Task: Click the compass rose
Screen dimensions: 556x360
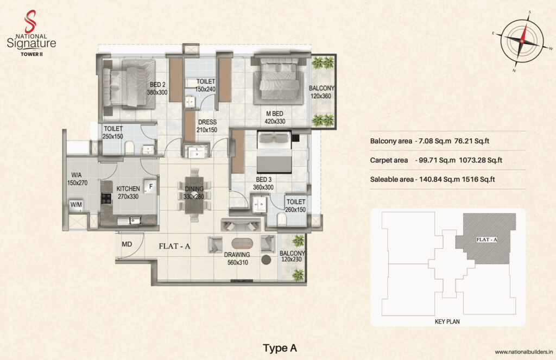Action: pyautogui.click(x=522, y=41)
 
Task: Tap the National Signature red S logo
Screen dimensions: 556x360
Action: pyautogui.click(x=30, y=21)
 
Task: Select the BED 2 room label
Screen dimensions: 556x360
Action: pyautogui.click(x=157, y=85)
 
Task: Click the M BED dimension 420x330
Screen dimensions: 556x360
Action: pyautogui.click(x=275, y=121)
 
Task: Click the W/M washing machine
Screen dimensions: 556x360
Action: pyautogui.click(x=76, y=205)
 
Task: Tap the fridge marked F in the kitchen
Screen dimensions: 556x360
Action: pyautogui.click(x=150, y=187)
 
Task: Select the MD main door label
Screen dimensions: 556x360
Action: pyautogui.click(x=127, y=244)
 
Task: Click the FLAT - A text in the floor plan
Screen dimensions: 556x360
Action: pyautogui.click(x=174, y=246)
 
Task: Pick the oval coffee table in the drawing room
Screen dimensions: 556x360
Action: pyautogui.click(x=242, y=244)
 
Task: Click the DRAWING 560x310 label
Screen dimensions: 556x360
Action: pyautogui.click(x=237, y=258)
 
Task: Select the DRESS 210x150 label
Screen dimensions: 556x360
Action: pyautogui.click(x=207, y=126)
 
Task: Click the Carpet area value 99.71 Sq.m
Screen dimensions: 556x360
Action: pyautogui.click(x=437, y=160)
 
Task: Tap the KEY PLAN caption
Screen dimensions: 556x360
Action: pyautogui.click(x=447, y=321)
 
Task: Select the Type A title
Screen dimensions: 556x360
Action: pyautogui.click(x=280, y=348)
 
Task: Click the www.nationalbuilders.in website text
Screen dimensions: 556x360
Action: pyautogui.click(x=524, y=352)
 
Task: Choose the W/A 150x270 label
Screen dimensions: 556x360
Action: pyautogui.click(x=77, y=179)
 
